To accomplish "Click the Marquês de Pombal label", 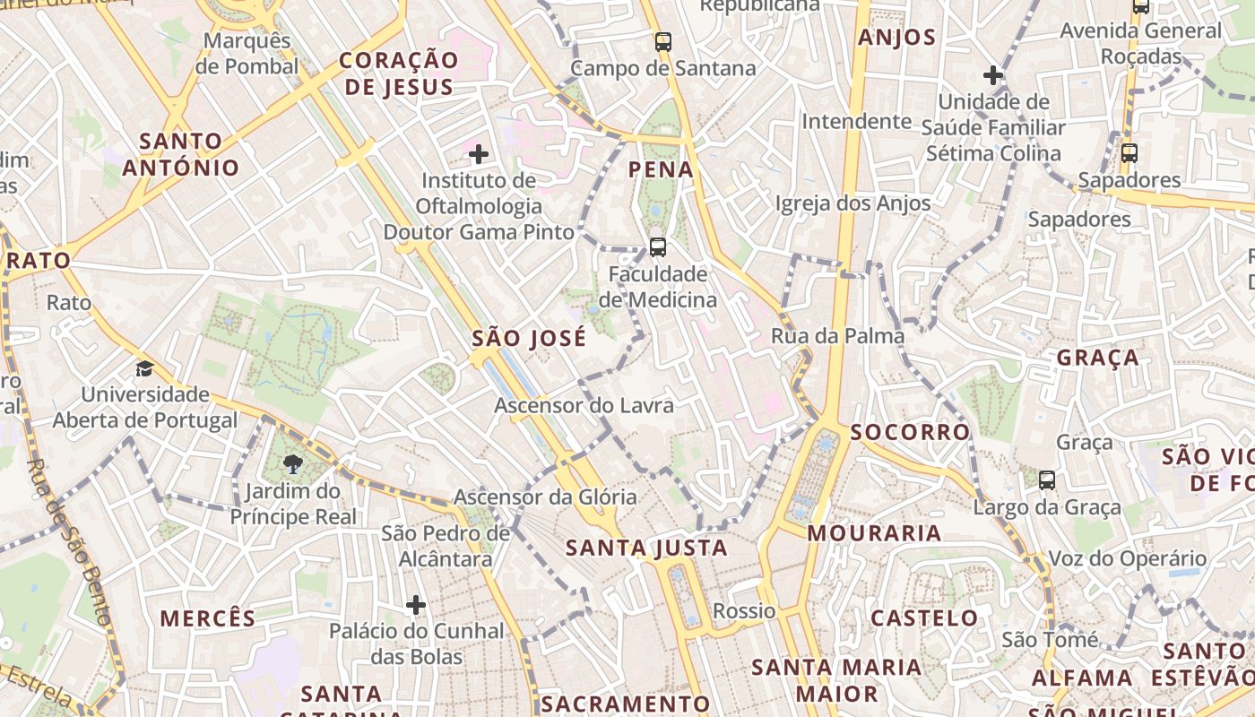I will click(247, 54).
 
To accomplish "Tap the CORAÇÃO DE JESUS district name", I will click(399, 73).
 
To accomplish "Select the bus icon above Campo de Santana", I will click(663, 41).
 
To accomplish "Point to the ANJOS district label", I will click(896, 38).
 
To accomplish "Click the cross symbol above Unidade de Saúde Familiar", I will click(992, 74).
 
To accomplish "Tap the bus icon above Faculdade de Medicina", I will click(657, 246).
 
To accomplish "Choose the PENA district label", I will click(661, 169).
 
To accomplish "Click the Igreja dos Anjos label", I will click(853, 203).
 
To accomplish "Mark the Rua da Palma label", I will click(837, 336).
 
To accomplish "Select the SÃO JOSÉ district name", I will click(529, 339).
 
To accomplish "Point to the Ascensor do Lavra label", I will click(584, 406).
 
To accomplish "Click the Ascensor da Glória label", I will click(545, 497).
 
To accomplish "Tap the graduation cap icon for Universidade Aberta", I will click(144, 368).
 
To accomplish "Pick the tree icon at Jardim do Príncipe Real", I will click(292, 463).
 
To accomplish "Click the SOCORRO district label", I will click(910, 432).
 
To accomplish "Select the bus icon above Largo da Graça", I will click(1046, 480).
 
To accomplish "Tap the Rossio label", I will click(744, 611).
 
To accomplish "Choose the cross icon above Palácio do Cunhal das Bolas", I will click(415, 605).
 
